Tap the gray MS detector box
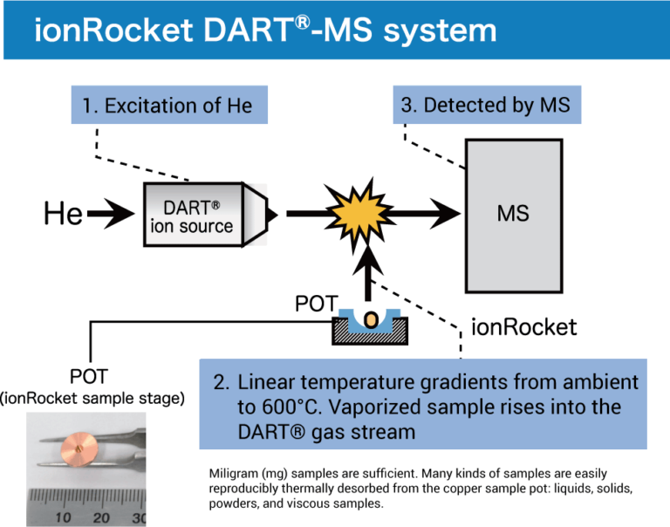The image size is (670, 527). click(x=513, y=214)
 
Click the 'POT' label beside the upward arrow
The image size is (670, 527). click(x=317, y=305)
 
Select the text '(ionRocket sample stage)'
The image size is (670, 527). click(x=92, y=399)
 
